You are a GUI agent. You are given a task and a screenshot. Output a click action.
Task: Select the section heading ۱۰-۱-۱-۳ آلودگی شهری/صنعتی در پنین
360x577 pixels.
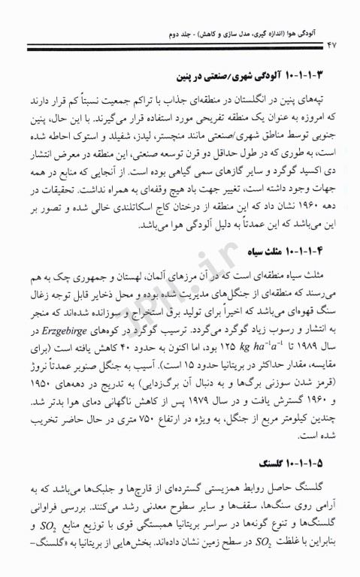(x=248, y=76)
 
